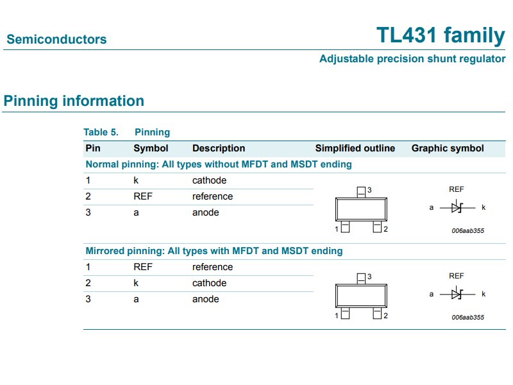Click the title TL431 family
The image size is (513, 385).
tap(441, 36)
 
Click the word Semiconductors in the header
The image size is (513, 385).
tap(56, 40)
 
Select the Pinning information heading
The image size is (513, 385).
tap(74, 101)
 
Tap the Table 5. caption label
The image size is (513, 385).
tap(101, 132)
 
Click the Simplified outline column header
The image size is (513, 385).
tap(355, 148)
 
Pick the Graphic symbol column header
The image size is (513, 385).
tap(448, 148)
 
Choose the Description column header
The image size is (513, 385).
tap(219, 148)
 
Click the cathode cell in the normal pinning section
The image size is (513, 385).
tap(209, 180)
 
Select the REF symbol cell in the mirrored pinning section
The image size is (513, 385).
tap(143, 267)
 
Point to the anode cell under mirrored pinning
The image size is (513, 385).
tap(205, 299)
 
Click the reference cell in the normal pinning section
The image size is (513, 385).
tap(212, 196)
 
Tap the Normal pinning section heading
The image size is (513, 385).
tap(219, 164)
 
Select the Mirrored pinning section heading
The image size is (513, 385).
tap(214, 251)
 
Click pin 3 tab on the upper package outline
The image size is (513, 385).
tap(361, 191)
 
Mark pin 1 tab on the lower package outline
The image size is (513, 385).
tap(345, 314)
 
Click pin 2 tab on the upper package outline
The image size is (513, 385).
tap(377, 228)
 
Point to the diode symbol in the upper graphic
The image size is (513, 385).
tap(457, 207)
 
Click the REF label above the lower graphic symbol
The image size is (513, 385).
tap(457, 276)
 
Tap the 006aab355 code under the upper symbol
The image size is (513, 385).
tap(467, 230)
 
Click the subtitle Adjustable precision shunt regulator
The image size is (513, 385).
tap(412, 59)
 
